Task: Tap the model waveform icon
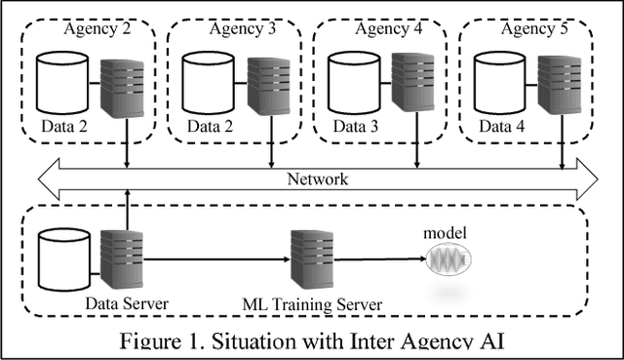click(448, 262)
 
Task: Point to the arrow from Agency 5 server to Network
click(563, 151)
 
